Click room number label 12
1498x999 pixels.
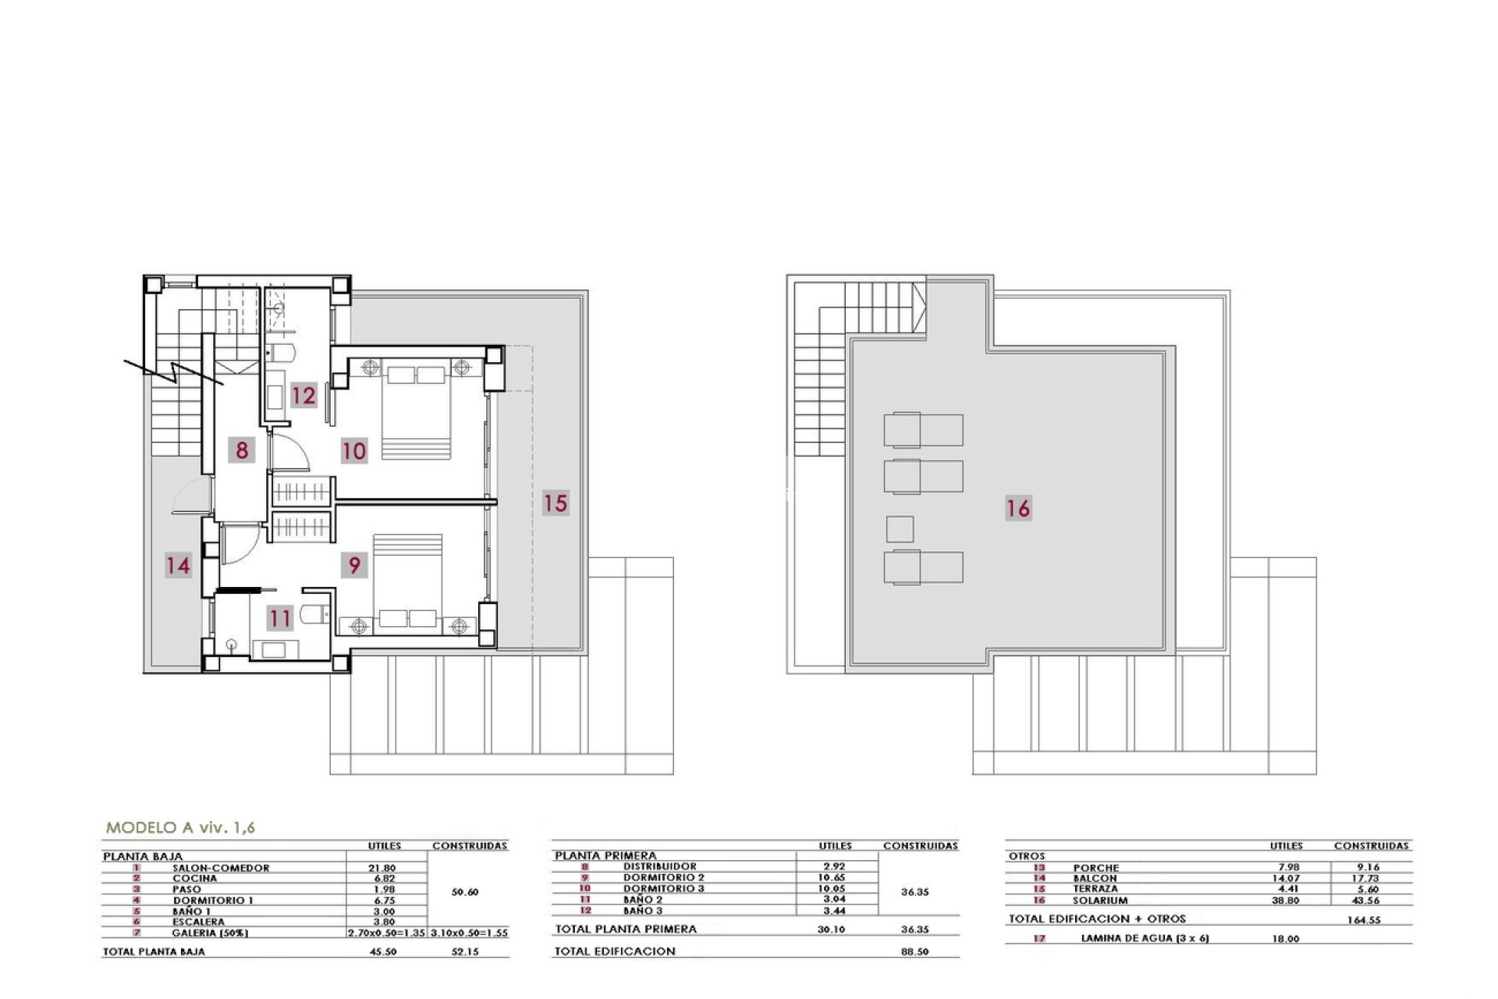pyautogui.click(x=304, y=395)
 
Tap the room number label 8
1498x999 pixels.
pyautogui.click(x=242, y=450)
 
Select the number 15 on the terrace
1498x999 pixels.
pyautogui.click(x=556, y=503)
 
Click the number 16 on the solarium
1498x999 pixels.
pyautogui.click(x=1018, y=508)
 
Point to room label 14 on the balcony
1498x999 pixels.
pyautogui.click(x=178, y=564)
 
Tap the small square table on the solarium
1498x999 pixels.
pyautogui.click(x=900, y=529)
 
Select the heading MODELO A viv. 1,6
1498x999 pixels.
pyautogui.click(x=180, y=828)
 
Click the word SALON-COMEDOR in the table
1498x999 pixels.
pyautogui.click(x=221, y=868)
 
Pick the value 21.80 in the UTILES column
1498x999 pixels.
pyautogui.click(x=382, y=868)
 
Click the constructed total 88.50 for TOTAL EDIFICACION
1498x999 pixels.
pyautogui.click(x=914, y=952)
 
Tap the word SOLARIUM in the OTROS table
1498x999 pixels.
pyautogui.click(x=1100, y=900)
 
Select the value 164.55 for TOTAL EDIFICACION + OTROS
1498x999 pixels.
pyautogui.click(x=1363, y=920)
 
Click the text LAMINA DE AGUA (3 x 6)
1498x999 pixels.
pyautogui.click(x=1145, y=938)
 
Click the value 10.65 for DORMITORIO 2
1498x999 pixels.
pyautogui.click(x=834, y=877)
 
